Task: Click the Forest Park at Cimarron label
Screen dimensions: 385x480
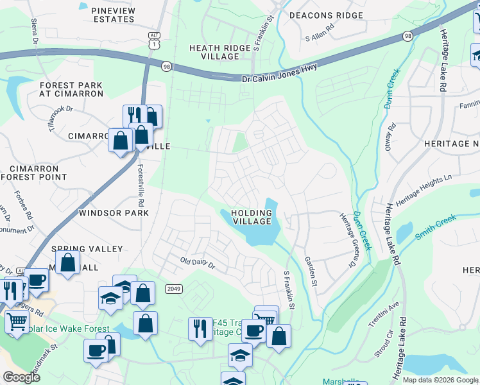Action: tap(71, 89)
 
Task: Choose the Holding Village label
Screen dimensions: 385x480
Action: tap(251, 217)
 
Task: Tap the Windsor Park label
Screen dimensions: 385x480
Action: tap(109, 212)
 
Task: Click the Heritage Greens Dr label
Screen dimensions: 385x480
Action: tap(347, 239)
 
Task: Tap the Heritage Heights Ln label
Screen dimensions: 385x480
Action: tap(424, 186)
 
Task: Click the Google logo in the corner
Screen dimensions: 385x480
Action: tap(21, 377)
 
